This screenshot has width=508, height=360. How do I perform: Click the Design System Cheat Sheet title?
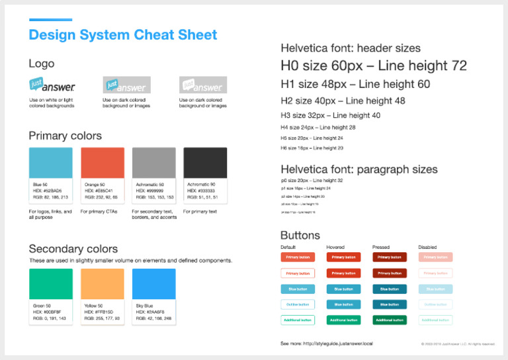tap(123, 35)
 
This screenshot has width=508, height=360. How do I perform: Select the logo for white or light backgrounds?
tap(52, 85)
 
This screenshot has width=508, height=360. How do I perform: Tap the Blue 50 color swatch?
tap(51, 163)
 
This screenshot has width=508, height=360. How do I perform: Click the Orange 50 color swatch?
tap(103, 163)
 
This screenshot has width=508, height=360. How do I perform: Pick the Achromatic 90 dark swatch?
tap(205, 163)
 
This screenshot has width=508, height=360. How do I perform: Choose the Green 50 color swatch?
tap(51, 284)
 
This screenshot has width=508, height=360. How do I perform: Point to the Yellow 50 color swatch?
tap(103, 284)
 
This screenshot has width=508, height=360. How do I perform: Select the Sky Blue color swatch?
tap(153, 284)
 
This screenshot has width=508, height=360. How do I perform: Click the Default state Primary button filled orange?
tap(298, 257)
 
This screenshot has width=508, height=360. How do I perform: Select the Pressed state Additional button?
tap(390, 320)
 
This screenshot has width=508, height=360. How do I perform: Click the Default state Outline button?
tap(298, 304)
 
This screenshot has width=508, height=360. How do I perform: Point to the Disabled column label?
tap(427, 247)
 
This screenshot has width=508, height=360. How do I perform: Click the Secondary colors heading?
tap(73, 249)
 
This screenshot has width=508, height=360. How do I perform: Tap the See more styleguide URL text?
tap(327, 344)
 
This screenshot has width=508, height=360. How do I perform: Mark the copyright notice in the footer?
tap(458, 344)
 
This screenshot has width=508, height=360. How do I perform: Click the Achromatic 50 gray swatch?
tap(153, 163)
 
